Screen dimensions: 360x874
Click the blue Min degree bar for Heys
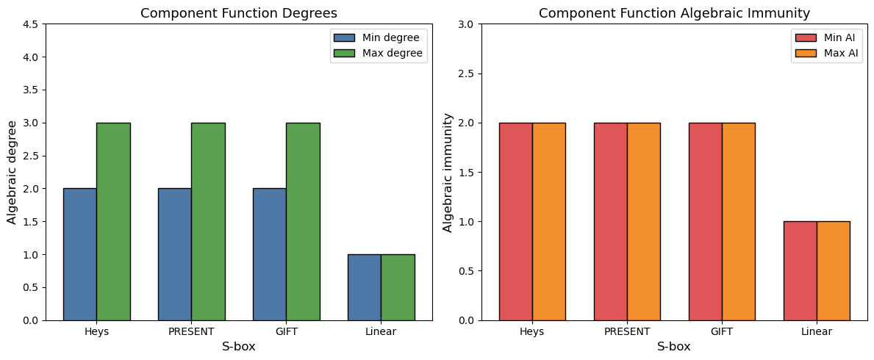point(79,254)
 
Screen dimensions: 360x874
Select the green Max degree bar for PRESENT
point(208,221)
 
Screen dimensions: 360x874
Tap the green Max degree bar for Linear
point(398,287)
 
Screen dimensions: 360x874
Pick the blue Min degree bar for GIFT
point(269,254)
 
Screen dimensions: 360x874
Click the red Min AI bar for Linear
point(800,270)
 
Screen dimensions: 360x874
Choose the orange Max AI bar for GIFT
point(738,221)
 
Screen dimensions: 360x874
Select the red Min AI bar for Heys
point(515,221)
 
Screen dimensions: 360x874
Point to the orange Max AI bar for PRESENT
point(643,221)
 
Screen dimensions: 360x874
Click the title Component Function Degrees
point(239,13)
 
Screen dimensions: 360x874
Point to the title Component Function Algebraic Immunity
point(674,13)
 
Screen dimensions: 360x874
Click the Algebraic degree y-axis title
point(12,172)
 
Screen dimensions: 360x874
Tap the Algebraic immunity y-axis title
point(448,172)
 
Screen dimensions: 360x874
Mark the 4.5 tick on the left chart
point(31,24)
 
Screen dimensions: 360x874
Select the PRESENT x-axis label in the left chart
point(191,331)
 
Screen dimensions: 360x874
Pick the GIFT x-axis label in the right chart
point(722,331)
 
